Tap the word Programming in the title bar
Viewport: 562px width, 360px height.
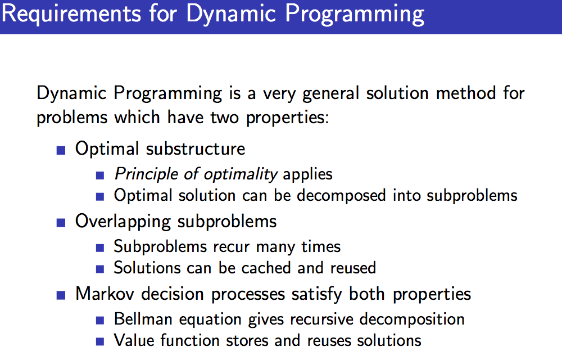[x=356, y=14]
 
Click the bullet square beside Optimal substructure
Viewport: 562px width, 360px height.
[x=61, y=150]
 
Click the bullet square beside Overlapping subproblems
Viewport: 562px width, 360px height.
[x=61, y=222]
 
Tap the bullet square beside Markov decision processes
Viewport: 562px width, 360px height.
[x=61, y=294]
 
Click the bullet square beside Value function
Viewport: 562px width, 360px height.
[x=100, y=341]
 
